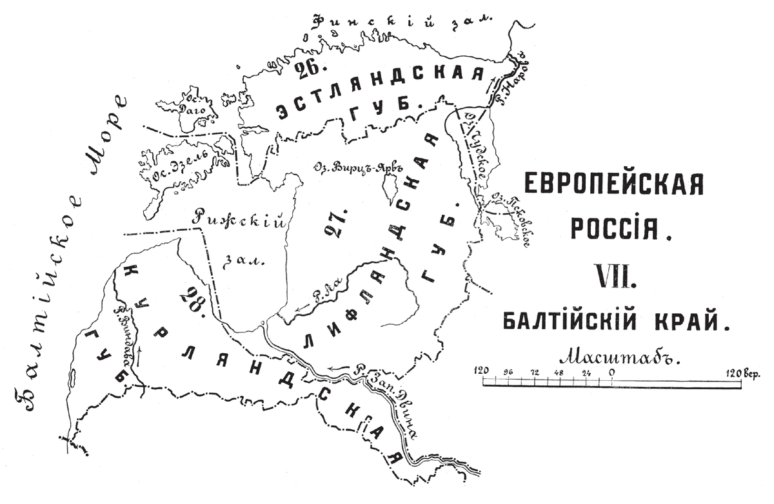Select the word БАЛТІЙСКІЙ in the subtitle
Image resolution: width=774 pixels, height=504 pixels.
pyautogui.click(x=564, y=320)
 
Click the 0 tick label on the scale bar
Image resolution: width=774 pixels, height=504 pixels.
pyautogui.click(x=610, y=372)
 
